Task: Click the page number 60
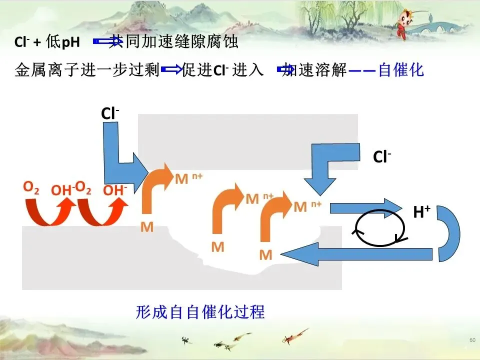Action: pyautogui.click(x=472, y=340)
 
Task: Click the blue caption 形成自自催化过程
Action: pyautogui.click(x=200, y=312)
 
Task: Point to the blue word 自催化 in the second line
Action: pyautogui.click(x=401, y=69)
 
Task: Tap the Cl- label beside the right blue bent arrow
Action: pyautogui.click(x=382, y=157)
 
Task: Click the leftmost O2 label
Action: pyautogui.click(x=31, y=187)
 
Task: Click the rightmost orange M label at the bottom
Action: pyautogui.click(x=266, y=255)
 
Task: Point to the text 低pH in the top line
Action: pyautogui.click(x=63, y=42)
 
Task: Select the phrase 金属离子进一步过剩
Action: pyautogui.click(x=87, y=70)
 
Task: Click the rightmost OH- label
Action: pyautogui.click(x=115, y=190)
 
